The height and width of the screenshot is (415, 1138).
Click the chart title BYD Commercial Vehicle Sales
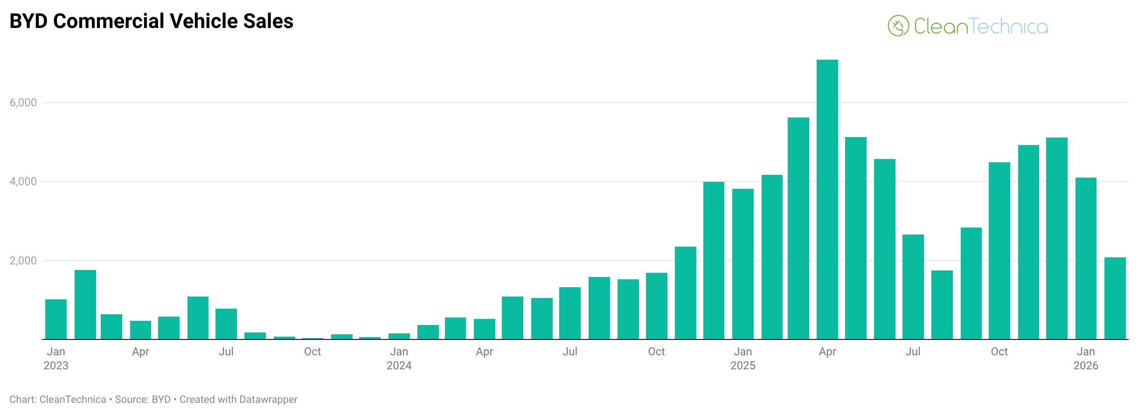[x=151, y=21]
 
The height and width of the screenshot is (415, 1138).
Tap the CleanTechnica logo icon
[x=898, y=26]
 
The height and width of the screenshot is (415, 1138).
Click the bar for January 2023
[x=56, y=319]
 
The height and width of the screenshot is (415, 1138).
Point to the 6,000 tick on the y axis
[x=23, y=103]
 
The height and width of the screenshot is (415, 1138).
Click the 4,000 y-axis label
[x=23, y=181]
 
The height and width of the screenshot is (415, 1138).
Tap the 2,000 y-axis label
[x=23, y=261]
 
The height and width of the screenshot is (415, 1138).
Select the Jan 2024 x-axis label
[x=399, y=358]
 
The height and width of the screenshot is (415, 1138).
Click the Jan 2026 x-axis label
[x=1086, y=358]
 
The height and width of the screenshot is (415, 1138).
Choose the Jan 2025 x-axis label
[x=742, y=358]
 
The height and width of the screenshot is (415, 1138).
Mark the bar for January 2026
[x=1086, y=258]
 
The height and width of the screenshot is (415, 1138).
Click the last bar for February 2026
[x=1115, y=298]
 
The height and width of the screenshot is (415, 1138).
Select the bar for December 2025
[x=1057, y=238]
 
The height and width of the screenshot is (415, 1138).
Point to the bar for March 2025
[x=798, y=228]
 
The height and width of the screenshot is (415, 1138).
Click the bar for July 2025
[x=913, y=287]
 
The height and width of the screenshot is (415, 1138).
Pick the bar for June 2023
[x=198, y=318]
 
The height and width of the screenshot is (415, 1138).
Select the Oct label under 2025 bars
[x=999, y=352]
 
